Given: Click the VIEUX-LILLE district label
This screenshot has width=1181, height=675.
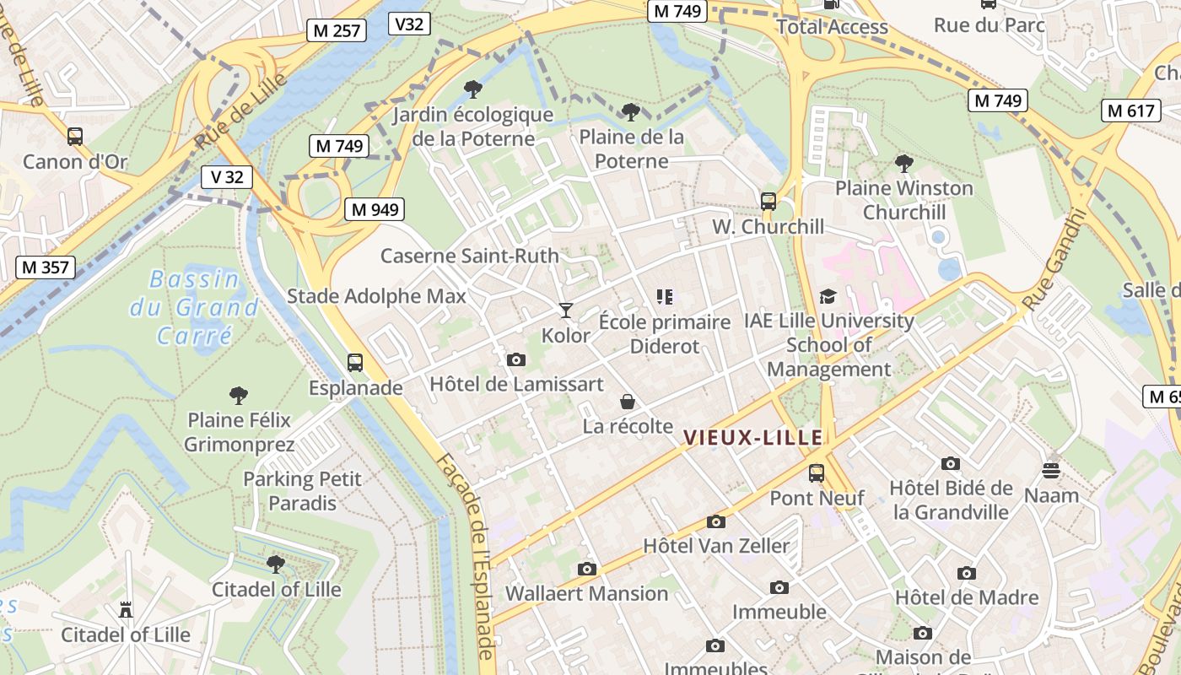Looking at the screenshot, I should pos(752,437).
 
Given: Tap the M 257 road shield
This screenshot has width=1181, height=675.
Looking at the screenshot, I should pos(337,31).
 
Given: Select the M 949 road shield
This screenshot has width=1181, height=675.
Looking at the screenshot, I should pos(375,209).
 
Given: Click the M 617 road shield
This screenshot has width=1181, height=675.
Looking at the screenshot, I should pos(1130,111).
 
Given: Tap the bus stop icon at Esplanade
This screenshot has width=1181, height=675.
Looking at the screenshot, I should pos(355,363).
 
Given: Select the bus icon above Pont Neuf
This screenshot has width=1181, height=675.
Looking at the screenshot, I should pos(816,473).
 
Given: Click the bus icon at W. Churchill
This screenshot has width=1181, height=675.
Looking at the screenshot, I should pos(768,202).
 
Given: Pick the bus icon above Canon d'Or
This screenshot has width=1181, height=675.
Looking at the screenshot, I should pos(75,137).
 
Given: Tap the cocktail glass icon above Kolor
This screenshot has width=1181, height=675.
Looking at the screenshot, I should pos(565,310).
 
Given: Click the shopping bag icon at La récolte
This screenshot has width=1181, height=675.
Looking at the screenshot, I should pos(627,401).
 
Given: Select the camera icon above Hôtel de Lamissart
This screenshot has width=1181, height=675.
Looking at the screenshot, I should pos(516,360).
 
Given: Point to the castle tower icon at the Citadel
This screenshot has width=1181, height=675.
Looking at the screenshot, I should pos(126,609).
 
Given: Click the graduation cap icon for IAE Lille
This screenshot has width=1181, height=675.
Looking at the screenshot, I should pos(828,296).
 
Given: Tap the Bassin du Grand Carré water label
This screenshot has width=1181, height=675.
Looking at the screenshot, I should pos(194,307).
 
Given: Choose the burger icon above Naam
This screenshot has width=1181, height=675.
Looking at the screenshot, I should pos(1051,470).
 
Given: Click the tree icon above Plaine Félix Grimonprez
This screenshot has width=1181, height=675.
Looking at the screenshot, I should pos(239,394).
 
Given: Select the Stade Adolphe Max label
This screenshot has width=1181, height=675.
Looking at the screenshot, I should pos(376,296).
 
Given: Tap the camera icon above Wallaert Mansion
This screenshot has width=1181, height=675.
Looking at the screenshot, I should pos(586,570).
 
